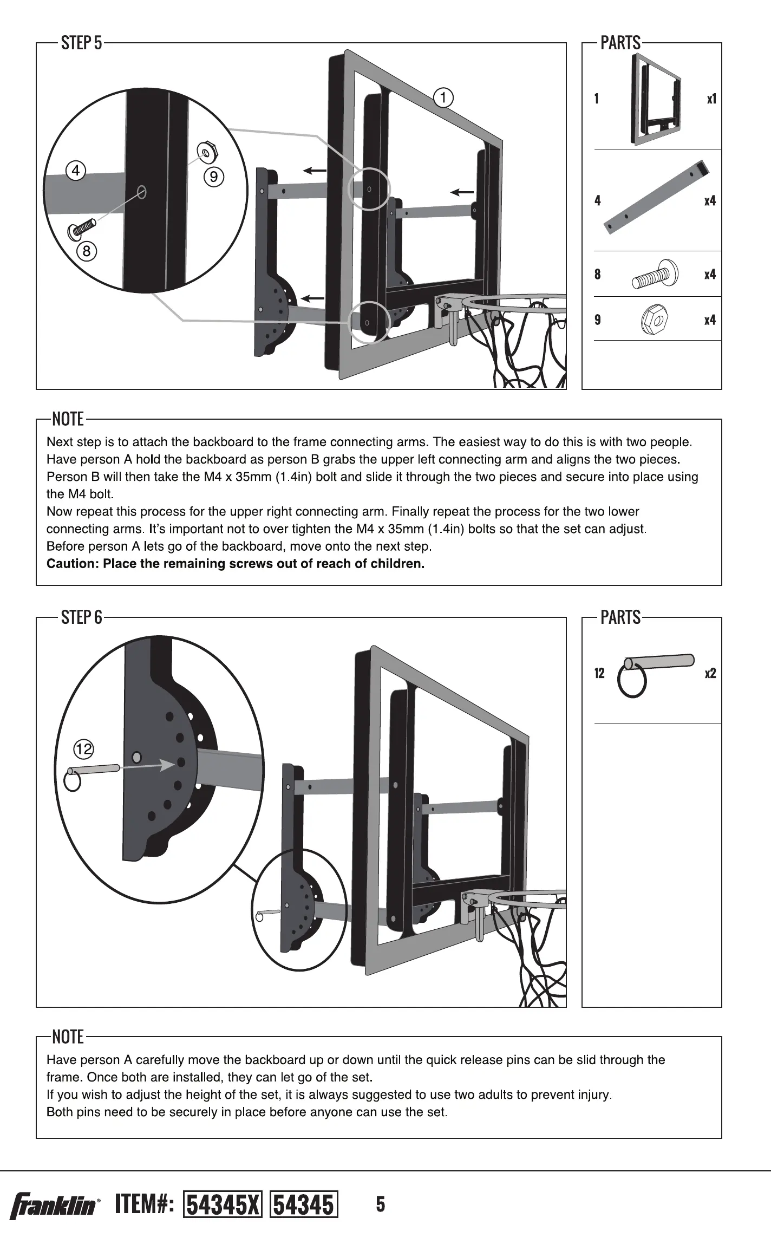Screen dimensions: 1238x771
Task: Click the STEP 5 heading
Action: click(x=81, y=43)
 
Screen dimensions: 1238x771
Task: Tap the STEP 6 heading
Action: click(x=81, y=617)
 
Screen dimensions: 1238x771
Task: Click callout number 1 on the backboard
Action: click(x=443, y=97)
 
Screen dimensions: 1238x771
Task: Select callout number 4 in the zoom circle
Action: click(x=76, y=171)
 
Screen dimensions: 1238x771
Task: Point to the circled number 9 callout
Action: click(x=214, y=177)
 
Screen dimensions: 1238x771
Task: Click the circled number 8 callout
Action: click(x=86, y=251)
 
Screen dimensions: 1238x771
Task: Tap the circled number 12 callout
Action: click(x=83, y=750)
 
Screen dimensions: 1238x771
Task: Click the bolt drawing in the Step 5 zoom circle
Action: click(x=81, y=228)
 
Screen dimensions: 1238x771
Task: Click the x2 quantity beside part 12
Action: click(x=710, y=674)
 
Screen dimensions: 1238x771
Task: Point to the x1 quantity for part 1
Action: click(x=711, y=99)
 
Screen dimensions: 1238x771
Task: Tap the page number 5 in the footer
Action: click(x=381, y=1204)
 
